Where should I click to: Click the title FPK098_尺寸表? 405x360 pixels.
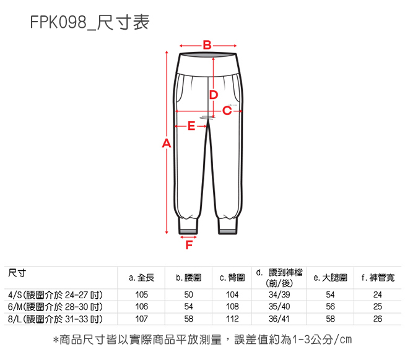click(89, 24)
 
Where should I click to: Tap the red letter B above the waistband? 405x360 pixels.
click(207, 45)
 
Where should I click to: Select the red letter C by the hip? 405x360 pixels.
click(227, 111)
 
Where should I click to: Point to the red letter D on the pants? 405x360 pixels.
click(213, 95)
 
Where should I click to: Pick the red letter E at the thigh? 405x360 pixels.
click(191, 126)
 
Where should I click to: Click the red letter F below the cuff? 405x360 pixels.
click(188, 246)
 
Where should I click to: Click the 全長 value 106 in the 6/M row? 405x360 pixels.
click(141, 306)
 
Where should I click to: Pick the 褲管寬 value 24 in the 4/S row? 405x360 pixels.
click(378, 294)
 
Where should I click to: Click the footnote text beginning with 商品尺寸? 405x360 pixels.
click(202, 341)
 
